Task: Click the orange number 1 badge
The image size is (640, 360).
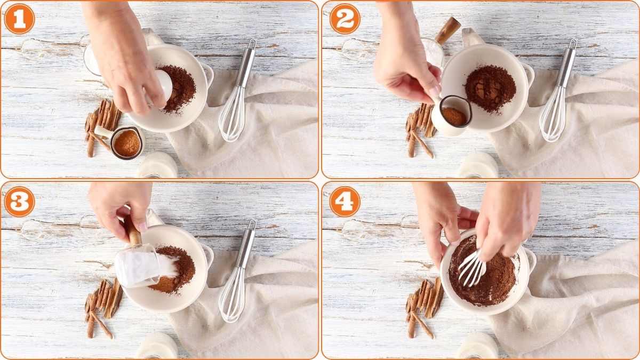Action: point(19,19)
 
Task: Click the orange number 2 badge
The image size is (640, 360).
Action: point(345,19)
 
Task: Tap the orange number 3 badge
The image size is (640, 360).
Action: point(19,202)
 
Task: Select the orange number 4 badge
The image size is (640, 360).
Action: point(345,202)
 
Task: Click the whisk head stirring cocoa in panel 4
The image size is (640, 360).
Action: point(471,267)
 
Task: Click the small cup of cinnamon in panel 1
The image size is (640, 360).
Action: point(127,143)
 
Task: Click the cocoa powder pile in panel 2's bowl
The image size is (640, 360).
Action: point(490,88)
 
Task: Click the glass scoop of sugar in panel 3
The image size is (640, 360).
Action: point(140,265)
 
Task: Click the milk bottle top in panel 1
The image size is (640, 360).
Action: point(158,165)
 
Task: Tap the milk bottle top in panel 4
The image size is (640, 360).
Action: point(478,347)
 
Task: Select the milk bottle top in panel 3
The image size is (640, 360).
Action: point(157,347)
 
